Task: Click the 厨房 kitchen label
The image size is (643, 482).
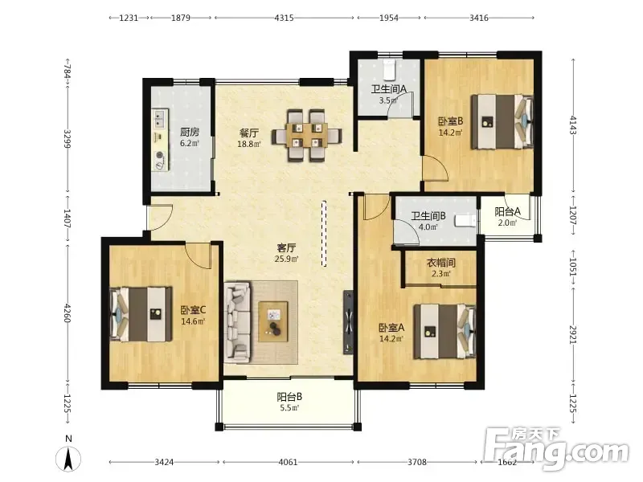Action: (190, 132)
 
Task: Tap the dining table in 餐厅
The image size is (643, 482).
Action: (307, 135)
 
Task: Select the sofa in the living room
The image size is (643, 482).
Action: (237, 322)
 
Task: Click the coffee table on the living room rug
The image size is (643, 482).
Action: (273, 322)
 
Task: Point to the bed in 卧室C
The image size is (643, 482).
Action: (141, 314)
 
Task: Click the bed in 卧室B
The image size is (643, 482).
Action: (502, 121)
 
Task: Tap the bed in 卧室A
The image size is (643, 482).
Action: (444, 331)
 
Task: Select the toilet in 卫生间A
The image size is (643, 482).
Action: (389, 70)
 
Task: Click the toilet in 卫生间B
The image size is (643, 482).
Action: (465, 221)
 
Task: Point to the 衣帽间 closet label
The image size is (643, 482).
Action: (441, 263)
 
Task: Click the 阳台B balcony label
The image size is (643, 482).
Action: (289, 397)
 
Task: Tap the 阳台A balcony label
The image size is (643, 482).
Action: (507, 211)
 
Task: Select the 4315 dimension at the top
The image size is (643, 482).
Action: (285, 18)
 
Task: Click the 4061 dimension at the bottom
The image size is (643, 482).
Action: (288, 462)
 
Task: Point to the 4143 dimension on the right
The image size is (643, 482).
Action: (573, 125)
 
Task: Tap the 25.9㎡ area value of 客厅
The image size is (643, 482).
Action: (287, 259)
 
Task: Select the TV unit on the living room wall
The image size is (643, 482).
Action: (348, 322)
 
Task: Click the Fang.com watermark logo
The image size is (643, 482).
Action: (556, 448)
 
